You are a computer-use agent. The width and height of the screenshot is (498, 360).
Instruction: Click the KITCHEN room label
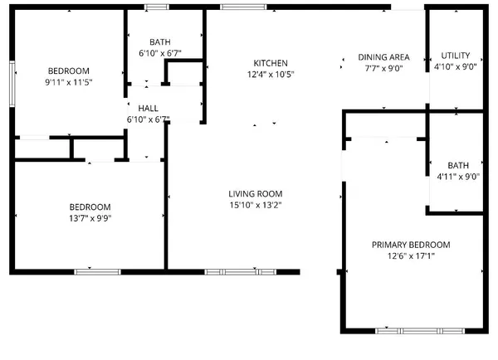click(271, 63)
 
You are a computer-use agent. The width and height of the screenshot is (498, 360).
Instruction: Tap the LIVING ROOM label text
click(256, 193)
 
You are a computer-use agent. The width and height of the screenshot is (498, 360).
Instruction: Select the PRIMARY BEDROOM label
click(410, 245)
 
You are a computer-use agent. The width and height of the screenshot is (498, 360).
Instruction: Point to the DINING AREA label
click(383, 57)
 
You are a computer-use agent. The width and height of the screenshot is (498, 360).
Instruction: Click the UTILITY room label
click(456, 55)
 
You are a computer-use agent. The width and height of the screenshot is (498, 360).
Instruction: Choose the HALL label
click(149, 109)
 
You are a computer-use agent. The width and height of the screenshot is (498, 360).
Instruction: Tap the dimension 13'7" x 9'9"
click(90, 218)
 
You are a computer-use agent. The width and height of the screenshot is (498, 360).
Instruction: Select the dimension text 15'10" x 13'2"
click(256, 205)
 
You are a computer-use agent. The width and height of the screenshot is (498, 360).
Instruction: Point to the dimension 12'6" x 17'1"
click(410, 256)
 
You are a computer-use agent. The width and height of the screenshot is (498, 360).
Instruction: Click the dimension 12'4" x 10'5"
click(271, 75)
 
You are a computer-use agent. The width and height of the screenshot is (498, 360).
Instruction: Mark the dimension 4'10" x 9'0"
click(456, 66)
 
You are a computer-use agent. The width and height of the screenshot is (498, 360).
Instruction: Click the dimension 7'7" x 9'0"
click(383, 69)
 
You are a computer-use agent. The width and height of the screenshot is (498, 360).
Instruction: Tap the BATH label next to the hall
click(160, 42)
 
